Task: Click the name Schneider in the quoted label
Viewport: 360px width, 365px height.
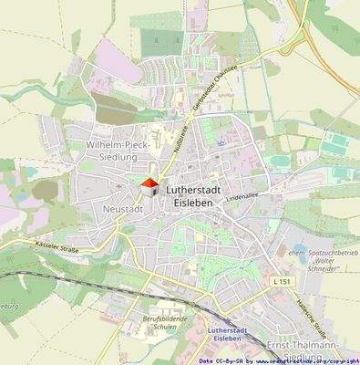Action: pyautogui.click(x=321, y=258)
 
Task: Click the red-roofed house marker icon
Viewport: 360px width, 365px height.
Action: pyautogui.click(x=149, y=188)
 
